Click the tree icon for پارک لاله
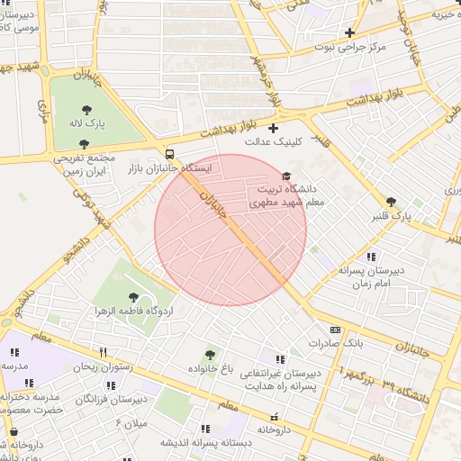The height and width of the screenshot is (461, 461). point(86,110)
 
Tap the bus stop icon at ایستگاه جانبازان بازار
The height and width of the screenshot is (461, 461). point(171,153)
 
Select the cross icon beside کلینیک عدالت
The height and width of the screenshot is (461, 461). point(273,128)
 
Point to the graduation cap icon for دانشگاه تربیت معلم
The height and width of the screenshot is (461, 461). point(287,176)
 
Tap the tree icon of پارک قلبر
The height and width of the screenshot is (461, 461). point(390,202)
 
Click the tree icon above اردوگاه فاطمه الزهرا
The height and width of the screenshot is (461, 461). point(133,295)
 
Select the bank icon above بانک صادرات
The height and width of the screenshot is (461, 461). point(336,330)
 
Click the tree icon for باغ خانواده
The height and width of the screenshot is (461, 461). point(210,355)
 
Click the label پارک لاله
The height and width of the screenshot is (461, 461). point(89,123)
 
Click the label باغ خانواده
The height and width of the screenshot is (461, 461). point(211,368)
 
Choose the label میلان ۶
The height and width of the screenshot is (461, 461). point(134,422)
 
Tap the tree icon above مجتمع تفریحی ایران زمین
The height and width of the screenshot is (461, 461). point(83,143)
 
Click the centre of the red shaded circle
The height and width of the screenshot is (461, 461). point(230,230)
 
